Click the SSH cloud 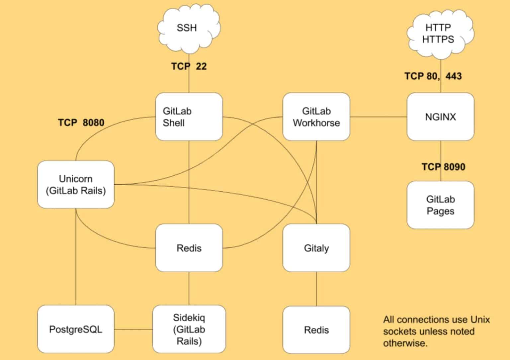[x=188, y=28]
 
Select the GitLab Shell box [x=189, y=117]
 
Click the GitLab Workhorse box [x=316, y=117]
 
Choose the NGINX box [x=440, y=117]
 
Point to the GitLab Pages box [x=440, y=205]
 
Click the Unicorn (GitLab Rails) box [x=76, y=185]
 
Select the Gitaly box [x=316, y=248]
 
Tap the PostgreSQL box [x=76, y=329]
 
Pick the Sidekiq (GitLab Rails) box [x=189, y=329]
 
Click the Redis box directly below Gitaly [x=316, y=330]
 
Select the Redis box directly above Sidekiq [x=189, y=248]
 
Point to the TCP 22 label [x=189, y=66]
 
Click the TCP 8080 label [x=81, y=123]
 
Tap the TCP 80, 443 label [x=433, y=76]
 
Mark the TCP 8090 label [x=443, y=167]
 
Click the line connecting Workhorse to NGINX [x=378, y=117]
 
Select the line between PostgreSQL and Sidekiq [x=133, y=329]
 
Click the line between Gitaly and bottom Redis [x=316, y=289]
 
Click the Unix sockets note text [x=436, y=331]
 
